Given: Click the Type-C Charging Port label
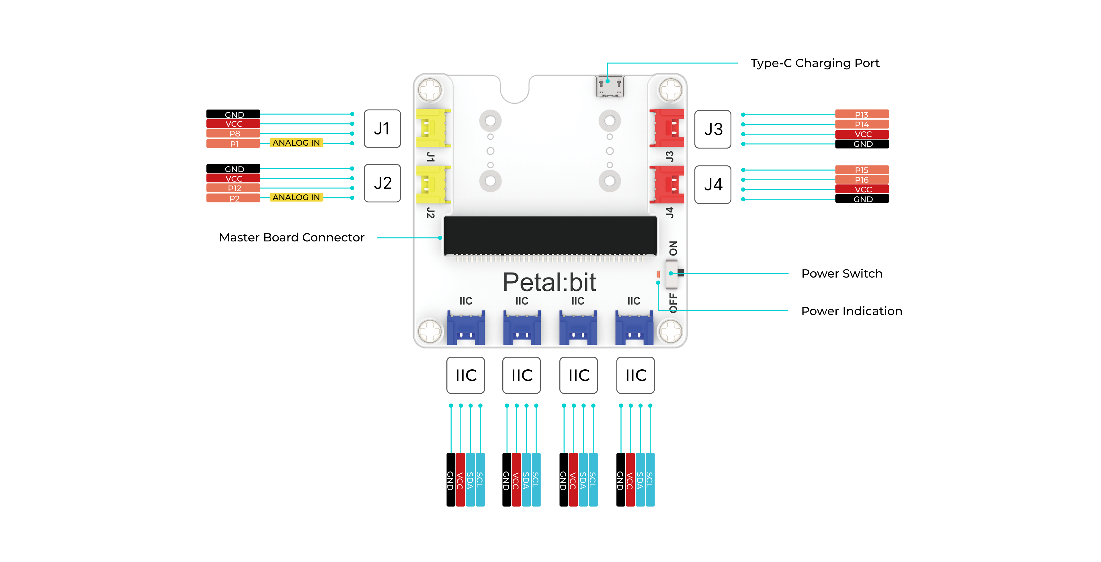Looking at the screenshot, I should click(x=815, y=63).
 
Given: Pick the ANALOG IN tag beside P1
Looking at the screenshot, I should click(x=296, y=143).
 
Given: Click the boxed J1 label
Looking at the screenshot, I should click(x=382, y=129).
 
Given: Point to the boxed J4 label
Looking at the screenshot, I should click(x=713, y=185).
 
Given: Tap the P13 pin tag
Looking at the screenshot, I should click(x=862, y=114).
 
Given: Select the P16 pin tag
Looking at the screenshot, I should click(x=862, y=179).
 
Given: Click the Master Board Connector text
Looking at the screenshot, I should click(x=292, y=238).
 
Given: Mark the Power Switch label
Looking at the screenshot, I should click(x=842, y=274).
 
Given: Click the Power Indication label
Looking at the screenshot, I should click(x=851, y=311).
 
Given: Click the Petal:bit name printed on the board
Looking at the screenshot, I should click(x=549, y=282).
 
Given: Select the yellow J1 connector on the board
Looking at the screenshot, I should click(x=433, y=128).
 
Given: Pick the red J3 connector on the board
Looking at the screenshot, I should click(x=667, y=128).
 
